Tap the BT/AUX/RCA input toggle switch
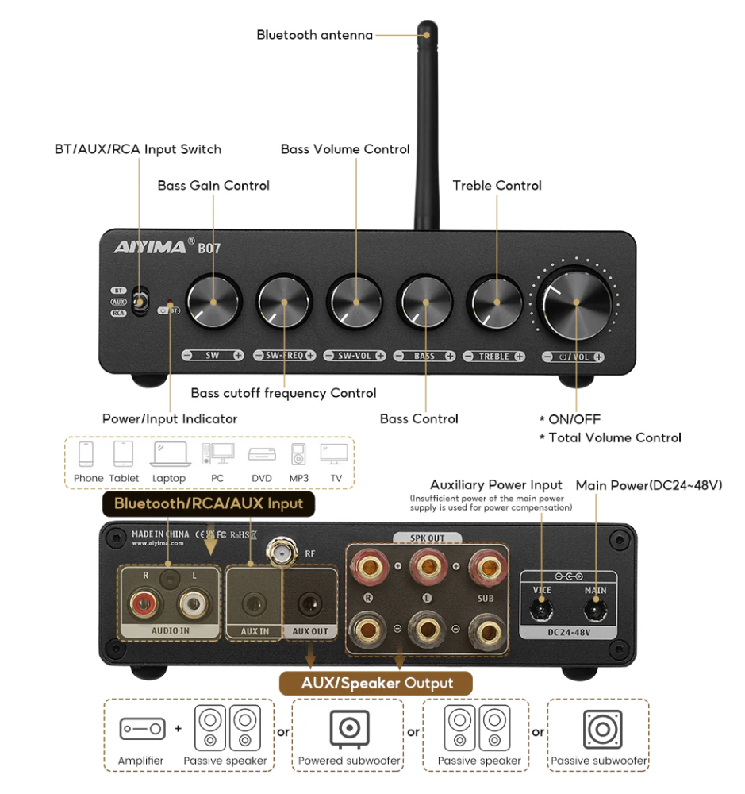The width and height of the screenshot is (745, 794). pyautogui.click(x=139, y=302)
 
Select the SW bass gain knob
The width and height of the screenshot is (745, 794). pyautogui.click(x=213, y=302)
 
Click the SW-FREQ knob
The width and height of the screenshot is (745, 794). pyautogui.click(x=284, y=302)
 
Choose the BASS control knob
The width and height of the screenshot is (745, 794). pyautogui.click(x=426, y=302)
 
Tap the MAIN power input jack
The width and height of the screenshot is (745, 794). pyautogui.click(x=595, y=610)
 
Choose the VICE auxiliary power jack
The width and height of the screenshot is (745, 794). pyautogui.click(x=542, y=610)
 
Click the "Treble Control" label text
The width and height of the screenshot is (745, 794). pyautogui.click(x=497, y=186)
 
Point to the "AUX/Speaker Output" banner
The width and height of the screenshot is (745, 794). pyautogui.click(x=377, y=683)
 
